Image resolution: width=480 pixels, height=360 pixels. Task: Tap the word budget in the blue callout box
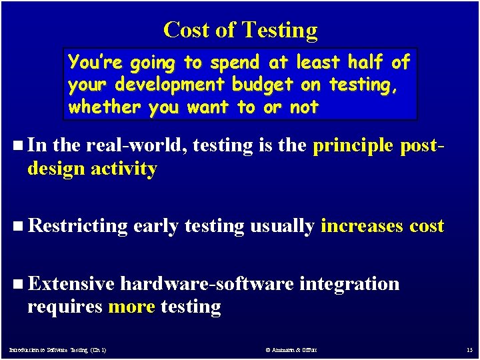click(x=261, y=85)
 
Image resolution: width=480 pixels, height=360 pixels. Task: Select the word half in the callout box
click(x=367, y=63)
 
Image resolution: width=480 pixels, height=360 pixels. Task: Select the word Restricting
click(x=78, y=226)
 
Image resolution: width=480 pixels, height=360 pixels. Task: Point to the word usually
click(x=281, y=227)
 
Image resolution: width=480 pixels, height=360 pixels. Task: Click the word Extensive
click(x=71, y=283)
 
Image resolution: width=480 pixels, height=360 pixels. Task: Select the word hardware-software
click(x=207, y=283)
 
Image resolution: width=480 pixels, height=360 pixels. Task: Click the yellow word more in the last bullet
click(x=131, y=307)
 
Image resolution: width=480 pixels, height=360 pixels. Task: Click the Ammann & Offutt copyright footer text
click(x=291, y=349)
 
